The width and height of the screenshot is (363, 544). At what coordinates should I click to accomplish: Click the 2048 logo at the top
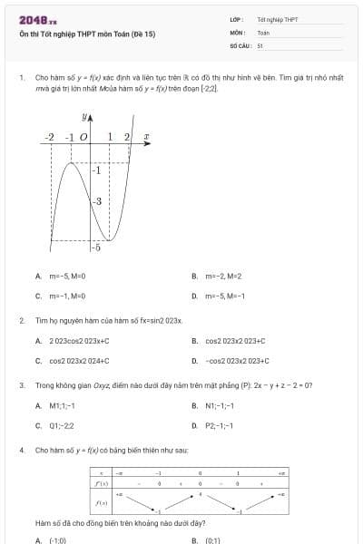(37, 19)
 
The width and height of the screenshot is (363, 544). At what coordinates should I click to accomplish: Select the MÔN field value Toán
(263, 32)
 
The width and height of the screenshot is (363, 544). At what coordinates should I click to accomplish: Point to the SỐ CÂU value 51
(260, 44)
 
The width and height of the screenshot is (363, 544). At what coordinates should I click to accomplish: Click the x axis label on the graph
(146, 137)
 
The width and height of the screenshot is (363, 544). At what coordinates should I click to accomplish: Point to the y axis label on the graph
(87, 119)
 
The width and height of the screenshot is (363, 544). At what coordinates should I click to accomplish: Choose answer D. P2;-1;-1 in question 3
(218, 425)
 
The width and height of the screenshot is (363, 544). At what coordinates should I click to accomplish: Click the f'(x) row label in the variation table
(103, 484)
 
